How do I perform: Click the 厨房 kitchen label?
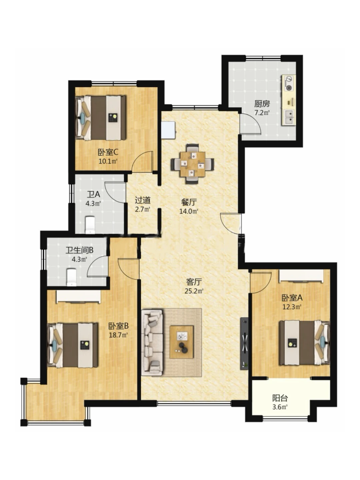point(262,104)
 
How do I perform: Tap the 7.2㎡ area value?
point(262,113)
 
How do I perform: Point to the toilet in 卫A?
point(90,225)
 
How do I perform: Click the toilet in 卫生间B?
point(72,277)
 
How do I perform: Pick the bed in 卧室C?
point(101,118)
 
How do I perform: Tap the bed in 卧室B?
point(73,346)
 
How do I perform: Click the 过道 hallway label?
point(143,200)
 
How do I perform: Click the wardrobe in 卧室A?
point(301,276)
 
